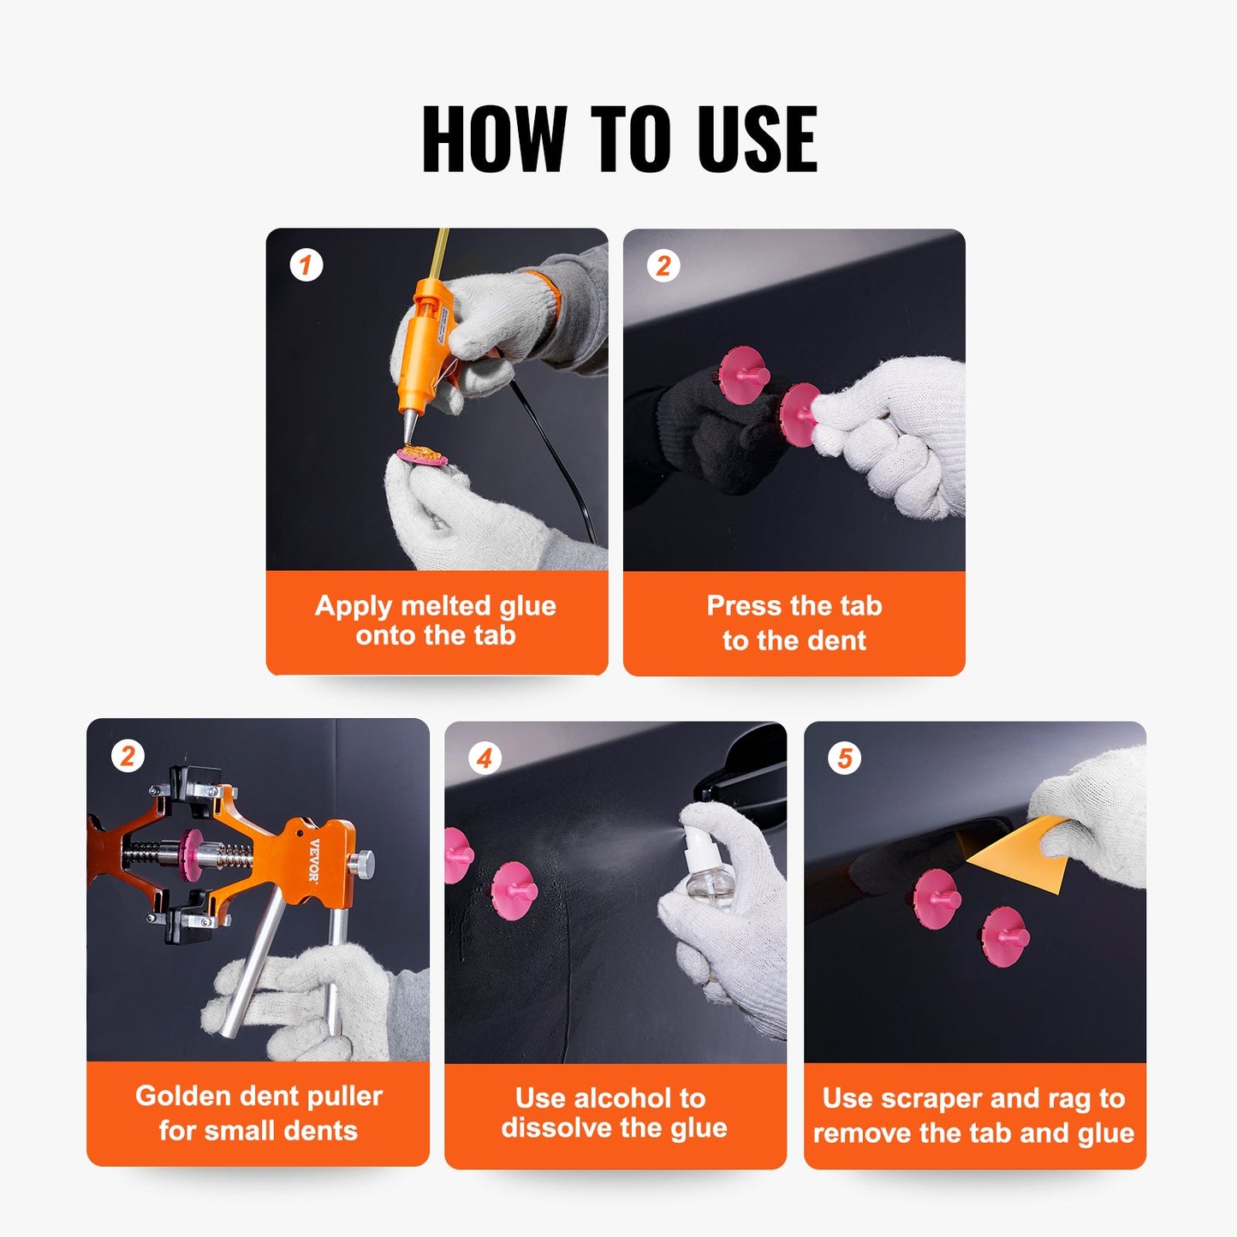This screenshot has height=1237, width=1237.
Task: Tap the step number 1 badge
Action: coord(306,265)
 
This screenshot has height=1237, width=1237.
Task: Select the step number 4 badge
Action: coord(485,758)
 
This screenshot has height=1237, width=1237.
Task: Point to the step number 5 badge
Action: coord(844,758)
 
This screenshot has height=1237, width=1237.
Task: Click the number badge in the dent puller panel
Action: coord(128,756)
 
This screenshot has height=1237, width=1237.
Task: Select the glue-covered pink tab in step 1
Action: coord(421,455)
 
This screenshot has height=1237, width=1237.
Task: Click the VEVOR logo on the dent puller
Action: coord(314,860)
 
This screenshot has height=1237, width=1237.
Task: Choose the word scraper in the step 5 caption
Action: coord(931,1098)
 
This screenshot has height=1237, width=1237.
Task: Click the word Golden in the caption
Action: coord(184,1096)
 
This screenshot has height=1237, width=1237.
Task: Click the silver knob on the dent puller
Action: coord(365,862)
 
